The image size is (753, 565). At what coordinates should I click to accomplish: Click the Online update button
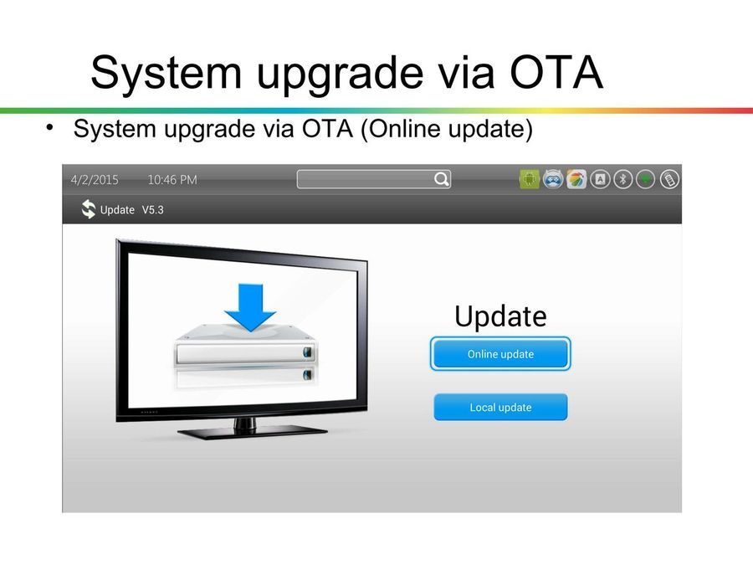coord(500,354)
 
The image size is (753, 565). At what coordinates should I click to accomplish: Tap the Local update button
coord(500,408)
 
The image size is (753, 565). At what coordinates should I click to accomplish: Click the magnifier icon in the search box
coord(441,179)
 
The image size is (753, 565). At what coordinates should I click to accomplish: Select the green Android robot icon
coord(530,180)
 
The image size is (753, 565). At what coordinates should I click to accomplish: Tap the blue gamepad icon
coord(553,180)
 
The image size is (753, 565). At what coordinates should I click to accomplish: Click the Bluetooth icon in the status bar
coord(622,180)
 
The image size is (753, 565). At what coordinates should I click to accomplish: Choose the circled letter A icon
coord(600,180)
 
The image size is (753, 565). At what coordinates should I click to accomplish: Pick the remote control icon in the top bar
coord(669,180)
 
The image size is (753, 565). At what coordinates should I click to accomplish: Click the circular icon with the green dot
coord(645,180)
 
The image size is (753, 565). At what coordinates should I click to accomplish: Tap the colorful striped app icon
coord(576,180)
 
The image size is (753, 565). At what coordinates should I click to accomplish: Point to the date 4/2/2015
coord(95,180)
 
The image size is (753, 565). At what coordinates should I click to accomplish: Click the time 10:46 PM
coord(172,180)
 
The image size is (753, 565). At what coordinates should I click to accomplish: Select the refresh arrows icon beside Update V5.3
coord(89,209)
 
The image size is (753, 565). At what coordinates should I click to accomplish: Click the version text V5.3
coord(153,210)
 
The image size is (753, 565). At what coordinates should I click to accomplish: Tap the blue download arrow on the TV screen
coord(250,307)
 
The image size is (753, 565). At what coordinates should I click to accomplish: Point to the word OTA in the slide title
coord(556,73)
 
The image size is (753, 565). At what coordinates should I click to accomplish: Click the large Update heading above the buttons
coord(500,316)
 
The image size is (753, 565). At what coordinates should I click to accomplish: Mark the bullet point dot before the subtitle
coord(49,128)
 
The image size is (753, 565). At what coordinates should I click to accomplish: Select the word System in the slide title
coord(166,74)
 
